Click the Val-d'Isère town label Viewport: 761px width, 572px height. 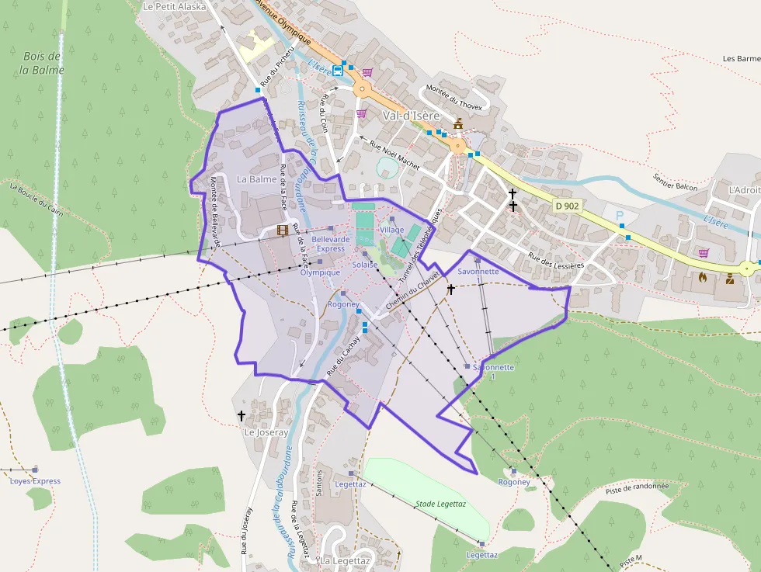click(x=411, y=116)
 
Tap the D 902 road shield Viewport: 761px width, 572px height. click(x=568, y=206)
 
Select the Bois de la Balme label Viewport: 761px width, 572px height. click(x=43, y=63)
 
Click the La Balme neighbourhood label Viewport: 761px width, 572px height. click(x=256, y=179)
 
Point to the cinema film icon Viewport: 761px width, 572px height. click(x=282, y=231)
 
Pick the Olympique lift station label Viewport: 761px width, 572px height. click(x=320, y=272)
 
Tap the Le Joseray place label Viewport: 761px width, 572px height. click(x=266, y=432)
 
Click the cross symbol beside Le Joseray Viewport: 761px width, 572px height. click(x=242, y=416)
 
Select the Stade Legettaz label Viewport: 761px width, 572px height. click(x=440, y=504)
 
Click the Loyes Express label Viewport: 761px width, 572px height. click(x=35, y=481)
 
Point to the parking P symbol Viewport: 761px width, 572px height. click(x=620, y=215)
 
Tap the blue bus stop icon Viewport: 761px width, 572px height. click(x=338, y=70)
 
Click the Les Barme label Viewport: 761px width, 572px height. click(x=741, y=58)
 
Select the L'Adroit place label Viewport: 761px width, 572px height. click(x=744, y=189)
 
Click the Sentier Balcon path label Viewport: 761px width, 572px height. click(x=676, y=182)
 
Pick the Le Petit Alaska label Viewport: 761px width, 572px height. click(x=175, y=6)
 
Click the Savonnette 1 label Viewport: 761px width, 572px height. click(x=493, y=372)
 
